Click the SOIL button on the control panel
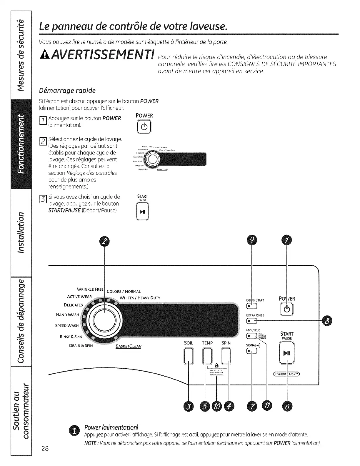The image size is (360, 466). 189,356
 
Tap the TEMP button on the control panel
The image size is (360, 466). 207,356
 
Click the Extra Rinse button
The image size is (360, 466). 252,321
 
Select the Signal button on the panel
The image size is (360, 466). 252,351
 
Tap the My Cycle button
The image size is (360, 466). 252,336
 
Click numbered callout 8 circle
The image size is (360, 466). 327,321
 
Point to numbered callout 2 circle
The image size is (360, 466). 105,242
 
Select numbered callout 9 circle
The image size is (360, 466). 252,240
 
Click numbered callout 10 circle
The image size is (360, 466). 216,407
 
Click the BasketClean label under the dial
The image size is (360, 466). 129,346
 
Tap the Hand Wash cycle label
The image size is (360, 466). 67,315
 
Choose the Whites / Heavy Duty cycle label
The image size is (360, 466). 140,298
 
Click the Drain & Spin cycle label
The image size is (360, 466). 81,346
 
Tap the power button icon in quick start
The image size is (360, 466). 144,127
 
